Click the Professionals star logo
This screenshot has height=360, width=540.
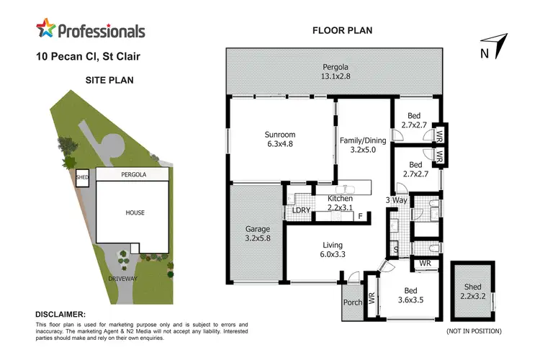pyautogui.click(x=46, y=30)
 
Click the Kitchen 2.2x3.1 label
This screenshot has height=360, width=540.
pyautogui.click(x=341, y=202)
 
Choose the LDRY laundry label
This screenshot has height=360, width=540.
pyautogui.click(x=301, y=211)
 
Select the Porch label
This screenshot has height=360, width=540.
pyautogui.click(x=353, y=302)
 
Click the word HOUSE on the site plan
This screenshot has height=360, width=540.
pyautogui.click(x=134, y=212)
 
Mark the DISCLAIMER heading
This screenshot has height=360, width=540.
pyautogui.click(x=60, y=315)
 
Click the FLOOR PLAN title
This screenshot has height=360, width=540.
pyautogui.click(x=342, y=30)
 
